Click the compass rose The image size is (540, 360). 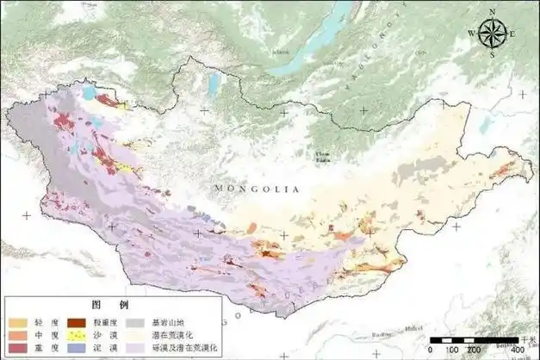[x=492, y=34]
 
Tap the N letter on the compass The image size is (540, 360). [x=492, y=12]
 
